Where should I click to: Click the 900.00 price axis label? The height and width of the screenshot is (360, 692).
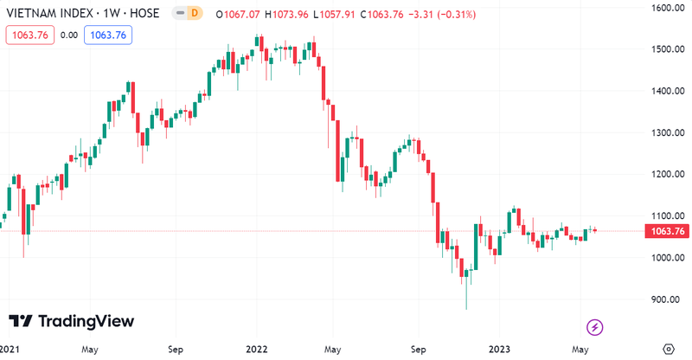667,300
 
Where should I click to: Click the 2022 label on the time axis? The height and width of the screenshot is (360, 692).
257,350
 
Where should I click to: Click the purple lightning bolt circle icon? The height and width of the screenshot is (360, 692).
595,327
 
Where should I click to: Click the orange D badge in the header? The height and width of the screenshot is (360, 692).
194,13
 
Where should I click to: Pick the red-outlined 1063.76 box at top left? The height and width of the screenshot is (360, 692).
29,35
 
